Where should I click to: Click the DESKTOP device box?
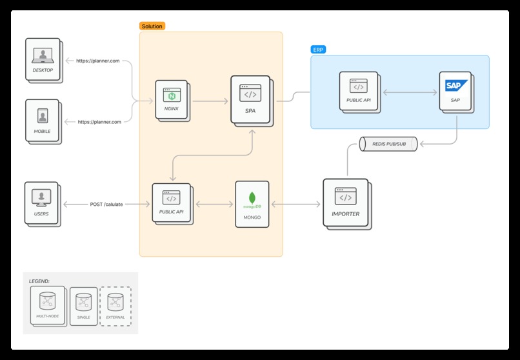coord(43,59)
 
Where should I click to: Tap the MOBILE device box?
coord(42,120)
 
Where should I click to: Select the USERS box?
coord(41,203)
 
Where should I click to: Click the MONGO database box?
coord(251,203)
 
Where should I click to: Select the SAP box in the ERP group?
coord(455,90)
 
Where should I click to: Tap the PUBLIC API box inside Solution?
coord(172,203)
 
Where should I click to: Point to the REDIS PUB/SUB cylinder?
coord(387,145)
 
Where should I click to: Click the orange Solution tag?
coord(152,26)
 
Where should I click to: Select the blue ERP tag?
coord(318,49)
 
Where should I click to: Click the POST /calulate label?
coord(106,204)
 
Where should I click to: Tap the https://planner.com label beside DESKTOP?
coord(98,61)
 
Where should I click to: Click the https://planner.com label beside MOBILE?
coord(99,121)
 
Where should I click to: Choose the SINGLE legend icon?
coord(83,305)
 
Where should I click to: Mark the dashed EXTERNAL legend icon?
coord(115,305)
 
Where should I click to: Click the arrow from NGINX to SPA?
coord(210,101)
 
